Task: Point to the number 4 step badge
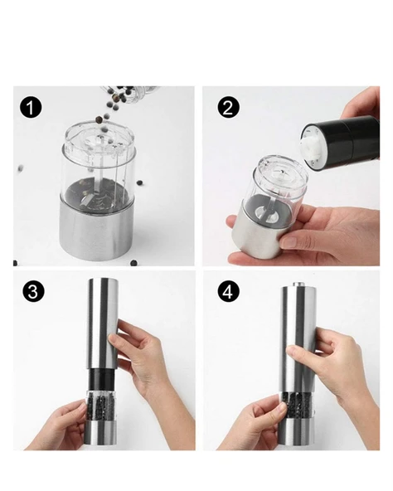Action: [x=226, y=292]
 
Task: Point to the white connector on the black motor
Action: [x=311, y=147]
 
